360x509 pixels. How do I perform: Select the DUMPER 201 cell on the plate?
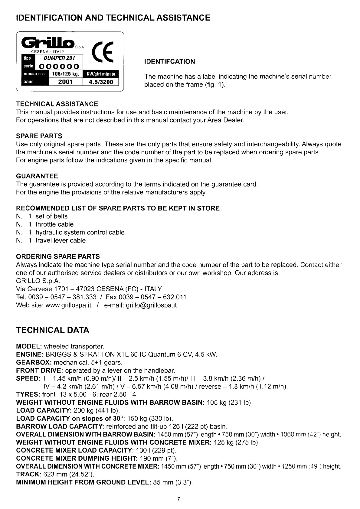click(59, 58)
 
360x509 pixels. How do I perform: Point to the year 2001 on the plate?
click(66, 82)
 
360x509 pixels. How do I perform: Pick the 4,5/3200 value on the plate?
click(101, 82)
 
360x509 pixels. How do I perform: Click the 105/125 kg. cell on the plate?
click(65, 74)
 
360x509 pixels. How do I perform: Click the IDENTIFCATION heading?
click(170, 62)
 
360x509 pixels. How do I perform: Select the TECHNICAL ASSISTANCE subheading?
click(57, 104)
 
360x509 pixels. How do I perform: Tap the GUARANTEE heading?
click(37, 176)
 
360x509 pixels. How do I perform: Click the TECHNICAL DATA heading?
click(53, 330)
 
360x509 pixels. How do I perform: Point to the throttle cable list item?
click(54, 224)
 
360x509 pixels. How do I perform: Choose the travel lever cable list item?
click(61, 240)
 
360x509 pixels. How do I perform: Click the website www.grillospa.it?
click(68, 305)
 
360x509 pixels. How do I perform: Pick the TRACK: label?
click(29, 474)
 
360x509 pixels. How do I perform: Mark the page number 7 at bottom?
click(179, 499)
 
